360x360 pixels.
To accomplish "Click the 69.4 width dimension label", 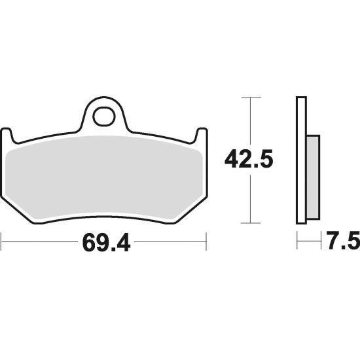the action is click(x=106, y=243).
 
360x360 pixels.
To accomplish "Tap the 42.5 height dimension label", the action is click(x=249, y=158).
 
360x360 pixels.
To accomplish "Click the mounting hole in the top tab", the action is click(x=103, y=117).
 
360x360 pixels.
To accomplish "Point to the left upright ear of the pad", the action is click(x=7, y=135).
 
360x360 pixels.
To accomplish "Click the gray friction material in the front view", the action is click(x=104, y=177).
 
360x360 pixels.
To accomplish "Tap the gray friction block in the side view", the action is click(x=314, y=177).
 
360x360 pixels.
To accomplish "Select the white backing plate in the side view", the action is click(x=301, y=160).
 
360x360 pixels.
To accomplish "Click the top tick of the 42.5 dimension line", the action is click(x=251, y=98).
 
